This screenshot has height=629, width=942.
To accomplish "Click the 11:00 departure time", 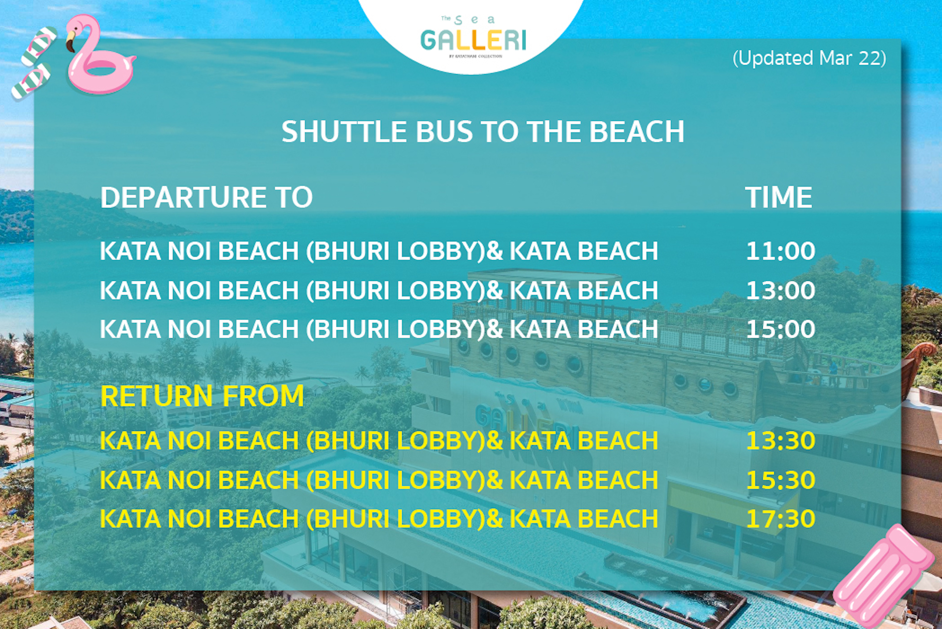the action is pyautogui.click(x=780, y=251).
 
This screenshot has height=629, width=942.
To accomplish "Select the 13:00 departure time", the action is pyautogui.click(x=780, y=290).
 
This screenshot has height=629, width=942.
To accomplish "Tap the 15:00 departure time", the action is pyautogui.click(x=780, y=329).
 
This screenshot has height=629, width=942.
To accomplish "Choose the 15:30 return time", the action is pyautogui.click(x=780, y=480).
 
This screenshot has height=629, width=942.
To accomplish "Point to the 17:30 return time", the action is pyautogui.click(x=780, y=519).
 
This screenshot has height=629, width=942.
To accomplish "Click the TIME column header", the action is pyautogui.click(x=779, y=197).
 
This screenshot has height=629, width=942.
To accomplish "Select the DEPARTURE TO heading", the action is pyautogui.click(x=206, y=197).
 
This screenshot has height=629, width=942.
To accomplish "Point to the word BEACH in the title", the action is pyautogui.click(x=636, y=132).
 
